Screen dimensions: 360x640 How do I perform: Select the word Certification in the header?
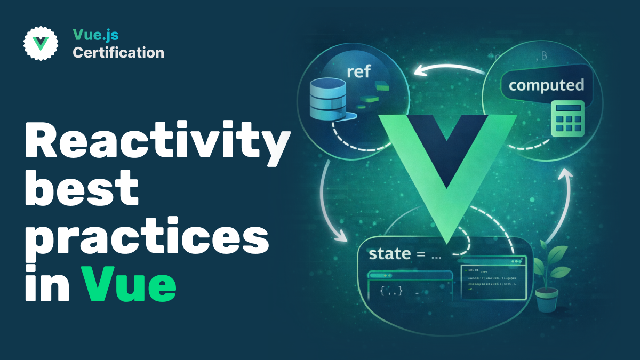118,53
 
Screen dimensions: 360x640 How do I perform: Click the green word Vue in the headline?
129,284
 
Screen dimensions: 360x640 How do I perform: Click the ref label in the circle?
358,71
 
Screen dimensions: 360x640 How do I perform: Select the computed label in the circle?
546,85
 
